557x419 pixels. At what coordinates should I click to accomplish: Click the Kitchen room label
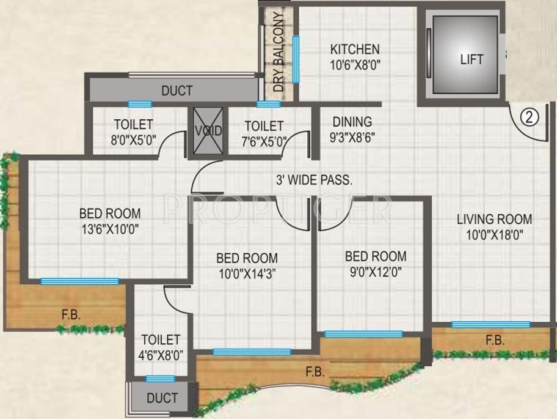355,50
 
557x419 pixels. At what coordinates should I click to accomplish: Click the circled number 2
530,117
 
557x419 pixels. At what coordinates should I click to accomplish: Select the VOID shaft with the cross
208,131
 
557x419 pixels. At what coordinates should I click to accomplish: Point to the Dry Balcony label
278,52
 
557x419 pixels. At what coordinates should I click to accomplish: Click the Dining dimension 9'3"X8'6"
352,138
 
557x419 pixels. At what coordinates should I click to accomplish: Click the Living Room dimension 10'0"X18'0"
494,234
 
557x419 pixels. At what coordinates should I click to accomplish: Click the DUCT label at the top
177,91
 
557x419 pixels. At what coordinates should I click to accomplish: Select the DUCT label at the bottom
162,398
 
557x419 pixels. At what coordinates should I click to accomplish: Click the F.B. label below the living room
495,341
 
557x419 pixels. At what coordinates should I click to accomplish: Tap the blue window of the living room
490,324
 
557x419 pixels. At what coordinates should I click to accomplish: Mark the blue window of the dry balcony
296,59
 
